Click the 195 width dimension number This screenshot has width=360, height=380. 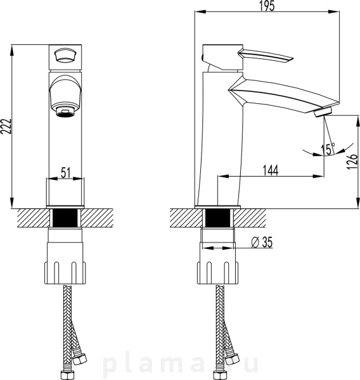pos(267,6)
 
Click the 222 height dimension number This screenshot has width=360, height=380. pos(6,126)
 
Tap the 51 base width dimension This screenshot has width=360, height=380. pos(65,173)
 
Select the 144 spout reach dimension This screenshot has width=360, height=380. pos(271,170)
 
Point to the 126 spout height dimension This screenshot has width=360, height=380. pos(352,161)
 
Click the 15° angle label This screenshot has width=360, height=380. pos(328,149)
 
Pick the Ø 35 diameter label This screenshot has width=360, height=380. pos(262,242)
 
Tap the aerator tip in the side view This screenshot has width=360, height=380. pos(323,113)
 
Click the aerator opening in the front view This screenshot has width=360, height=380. pos(65,111)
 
